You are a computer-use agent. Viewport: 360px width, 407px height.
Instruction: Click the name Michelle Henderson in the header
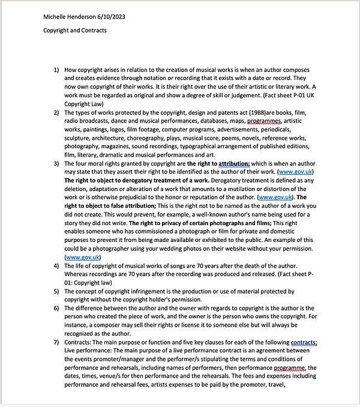[68, 16]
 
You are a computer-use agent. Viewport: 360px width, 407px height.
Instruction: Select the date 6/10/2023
[108, 16]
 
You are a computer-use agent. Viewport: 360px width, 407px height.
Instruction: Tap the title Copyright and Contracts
[75, 30]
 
